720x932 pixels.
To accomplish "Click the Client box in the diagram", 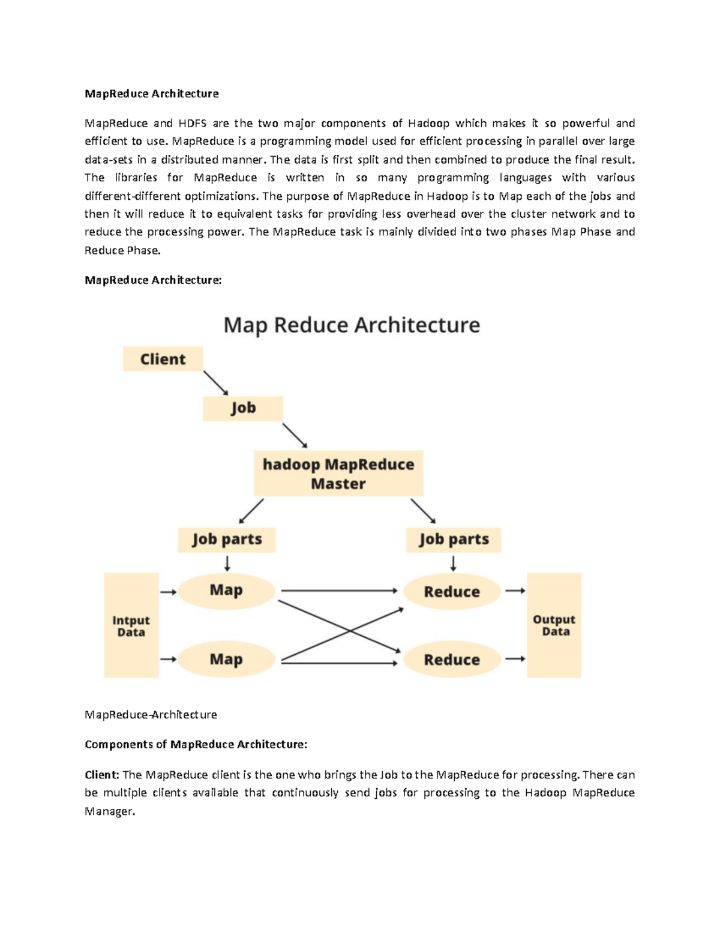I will [x=163, y=359].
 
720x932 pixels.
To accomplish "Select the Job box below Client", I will [x=242, y=408].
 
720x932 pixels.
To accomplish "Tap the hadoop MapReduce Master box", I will [x=338, y=474].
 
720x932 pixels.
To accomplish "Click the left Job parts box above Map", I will [x=227, y=540].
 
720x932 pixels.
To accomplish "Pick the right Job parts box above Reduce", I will [x=454, y=540].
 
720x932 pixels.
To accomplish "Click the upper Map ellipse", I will [x=226, y=591].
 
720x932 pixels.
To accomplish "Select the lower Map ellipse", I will [x=226, y=660].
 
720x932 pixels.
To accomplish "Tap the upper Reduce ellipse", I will [x=452, y=592].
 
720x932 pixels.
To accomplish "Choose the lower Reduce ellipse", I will [x=452, y=660].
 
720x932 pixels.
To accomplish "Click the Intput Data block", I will [x=131, y=625].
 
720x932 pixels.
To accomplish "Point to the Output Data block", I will [x=554, y=625].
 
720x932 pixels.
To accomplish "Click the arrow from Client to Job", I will [x=215, y=382].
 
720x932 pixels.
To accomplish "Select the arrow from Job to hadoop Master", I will [x=295, y=435].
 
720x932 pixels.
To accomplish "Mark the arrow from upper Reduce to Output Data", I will [x=515, y=591].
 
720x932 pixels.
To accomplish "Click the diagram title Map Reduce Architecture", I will [x=352, y=325].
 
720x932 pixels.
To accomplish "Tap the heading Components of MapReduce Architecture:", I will [x=196, y=745].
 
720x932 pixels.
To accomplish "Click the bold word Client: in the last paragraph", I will [x=102, y=775].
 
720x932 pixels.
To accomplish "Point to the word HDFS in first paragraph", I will [x=192, y=124].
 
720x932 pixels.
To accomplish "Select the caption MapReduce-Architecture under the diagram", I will [x=151, y=715].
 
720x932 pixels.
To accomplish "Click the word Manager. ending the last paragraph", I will [x=110, y=811].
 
